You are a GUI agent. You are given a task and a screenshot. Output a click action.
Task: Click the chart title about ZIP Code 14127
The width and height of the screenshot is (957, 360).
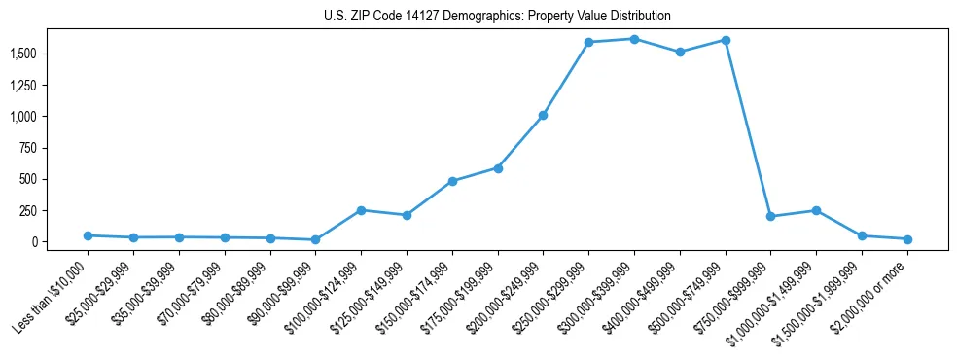tap(497, 17)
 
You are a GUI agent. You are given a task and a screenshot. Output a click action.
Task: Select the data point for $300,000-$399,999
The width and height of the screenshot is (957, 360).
tap(634, 39)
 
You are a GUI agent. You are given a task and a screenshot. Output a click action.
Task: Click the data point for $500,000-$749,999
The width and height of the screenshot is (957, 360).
tap(726, 40)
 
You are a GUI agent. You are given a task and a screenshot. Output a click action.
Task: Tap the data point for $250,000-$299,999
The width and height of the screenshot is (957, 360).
tap(588, 42)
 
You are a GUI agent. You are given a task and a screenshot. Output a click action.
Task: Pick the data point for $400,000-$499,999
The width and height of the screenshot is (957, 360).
tap(680, 52)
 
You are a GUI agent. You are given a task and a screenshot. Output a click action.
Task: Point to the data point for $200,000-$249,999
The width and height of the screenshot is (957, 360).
tap(543, 115)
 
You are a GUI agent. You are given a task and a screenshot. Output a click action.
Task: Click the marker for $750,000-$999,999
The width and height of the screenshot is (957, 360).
tap(770, 216)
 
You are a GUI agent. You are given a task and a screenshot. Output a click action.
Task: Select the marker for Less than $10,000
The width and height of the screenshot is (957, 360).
tap(88, 235)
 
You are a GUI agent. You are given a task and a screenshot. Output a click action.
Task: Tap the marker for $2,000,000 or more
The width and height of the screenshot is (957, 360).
tap(907, 239)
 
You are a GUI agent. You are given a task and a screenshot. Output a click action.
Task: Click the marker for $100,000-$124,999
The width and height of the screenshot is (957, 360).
tap(361, 210)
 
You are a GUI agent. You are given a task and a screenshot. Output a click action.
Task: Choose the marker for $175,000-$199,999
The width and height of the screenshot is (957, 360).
tap(498, 168)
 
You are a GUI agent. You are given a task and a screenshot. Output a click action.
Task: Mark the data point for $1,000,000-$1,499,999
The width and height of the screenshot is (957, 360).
tap(816, 210)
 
